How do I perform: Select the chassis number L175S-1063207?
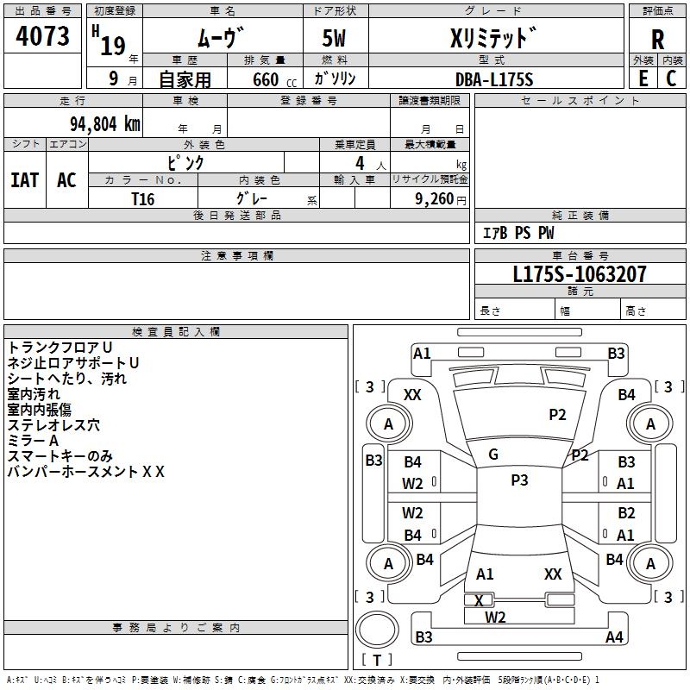pos(579,275)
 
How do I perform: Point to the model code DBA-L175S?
pos(494,79)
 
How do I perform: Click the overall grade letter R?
pos(657,40)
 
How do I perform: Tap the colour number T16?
pos(143,198)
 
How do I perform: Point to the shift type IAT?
pos(24,180)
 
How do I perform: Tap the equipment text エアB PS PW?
pos(517,233)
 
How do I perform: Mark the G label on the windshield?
pos(493,455)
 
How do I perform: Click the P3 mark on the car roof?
pos(519,480)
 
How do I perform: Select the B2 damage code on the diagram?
pos(626,514)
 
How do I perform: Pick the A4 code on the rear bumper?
pos(614,637)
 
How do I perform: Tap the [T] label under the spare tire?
pos(377,661)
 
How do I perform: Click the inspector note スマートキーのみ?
pos(60,455)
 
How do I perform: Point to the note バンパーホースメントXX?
pos(85,471)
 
